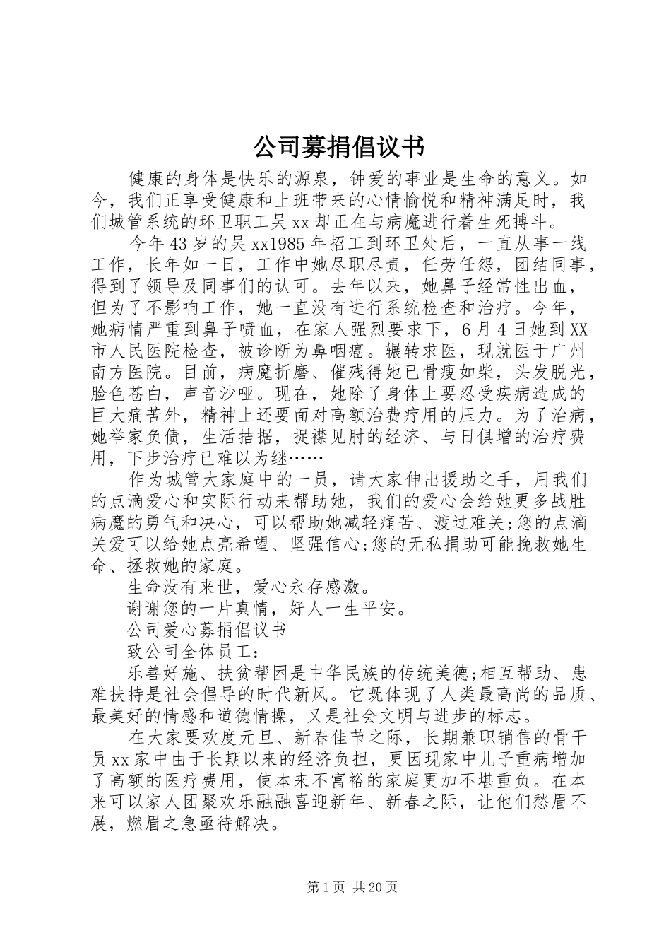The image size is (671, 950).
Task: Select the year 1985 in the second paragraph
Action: pos(287,244)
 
